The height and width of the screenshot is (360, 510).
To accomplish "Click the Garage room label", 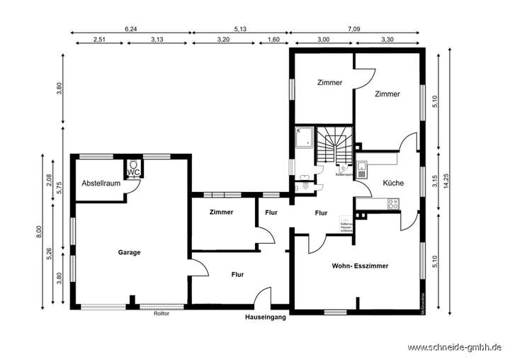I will [x=129, y=252].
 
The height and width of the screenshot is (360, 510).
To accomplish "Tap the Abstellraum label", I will [x=101, y=183].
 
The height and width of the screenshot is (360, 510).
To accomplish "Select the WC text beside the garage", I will [x=133, y=172].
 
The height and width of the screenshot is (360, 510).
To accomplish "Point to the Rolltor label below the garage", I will [x=161, y=314].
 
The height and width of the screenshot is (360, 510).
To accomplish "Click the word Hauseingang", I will [x=266, y=317].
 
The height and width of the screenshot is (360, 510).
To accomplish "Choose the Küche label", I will [x=393, y=183].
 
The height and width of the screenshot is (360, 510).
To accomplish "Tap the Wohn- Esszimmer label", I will [x=360, y=266].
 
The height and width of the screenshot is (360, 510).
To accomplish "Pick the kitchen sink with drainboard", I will [x=362, y=169].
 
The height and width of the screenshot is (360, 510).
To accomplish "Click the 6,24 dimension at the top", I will [x=131, y=29].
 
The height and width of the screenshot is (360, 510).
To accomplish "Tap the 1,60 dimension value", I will [x=273, y=40].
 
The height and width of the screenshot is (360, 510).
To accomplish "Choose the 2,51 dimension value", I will [x=99, y=40].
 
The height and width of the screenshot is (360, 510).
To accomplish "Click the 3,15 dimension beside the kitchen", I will [x=435, y=182].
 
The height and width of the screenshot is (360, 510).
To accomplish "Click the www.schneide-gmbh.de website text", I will [x=455, y=347].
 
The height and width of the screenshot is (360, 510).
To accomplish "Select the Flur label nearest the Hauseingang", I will [x=237, y=274].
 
